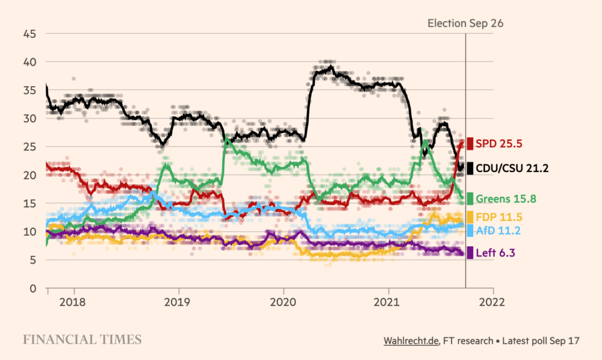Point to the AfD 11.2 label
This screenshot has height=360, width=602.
pyautogui.click(x=497, y=231)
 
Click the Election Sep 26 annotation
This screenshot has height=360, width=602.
pyautogui.click(x=465, y=23)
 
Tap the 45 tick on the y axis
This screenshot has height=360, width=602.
pyautogui.click(x=29, y=34)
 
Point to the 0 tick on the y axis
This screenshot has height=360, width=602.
pyautogui.click(x=33, y=288)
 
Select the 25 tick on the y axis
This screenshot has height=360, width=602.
pyautogui.click(x=29, y=147)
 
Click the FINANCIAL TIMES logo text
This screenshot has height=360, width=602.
pyautogui.click(x=82, y=340)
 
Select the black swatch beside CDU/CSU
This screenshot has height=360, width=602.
pyautogui.click(x=470, y=168)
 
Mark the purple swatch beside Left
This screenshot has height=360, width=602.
pyautogui.click(x=470, y=253)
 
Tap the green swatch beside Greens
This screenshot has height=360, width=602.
pyautogui.click(x=470, y=198)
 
